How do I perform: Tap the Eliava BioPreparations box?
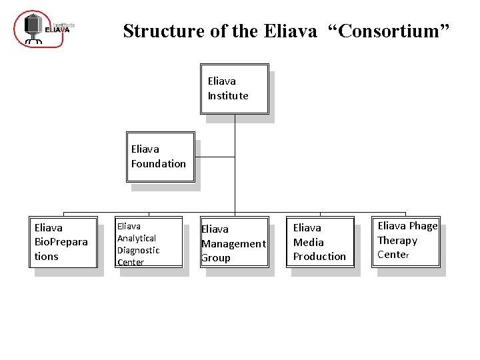(x=63, y=242)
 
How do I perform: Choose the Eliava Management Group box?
(x=234, y=243)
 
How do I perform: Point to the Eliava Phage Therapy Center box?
(x=407, y=241)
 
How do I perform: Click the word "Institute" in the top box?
(x=228, y=96)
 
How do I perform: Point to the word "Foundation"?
(x=159, y=164)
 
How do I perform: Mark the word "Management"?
(x=233, y=244)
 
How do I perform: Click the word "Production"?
(x=320, y=257)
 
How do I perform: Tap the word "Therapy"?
(x=397, y=241)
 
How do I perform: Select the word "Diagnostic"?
(x=139, y=250)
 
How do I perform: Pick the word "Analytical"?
(x=137, y=238)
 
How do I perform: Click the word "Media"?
(x=309, y=243)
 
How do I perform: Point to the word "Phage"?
(x=423, y=226)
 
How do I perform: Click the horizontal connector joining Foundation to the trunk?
(x=215, y=157)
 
